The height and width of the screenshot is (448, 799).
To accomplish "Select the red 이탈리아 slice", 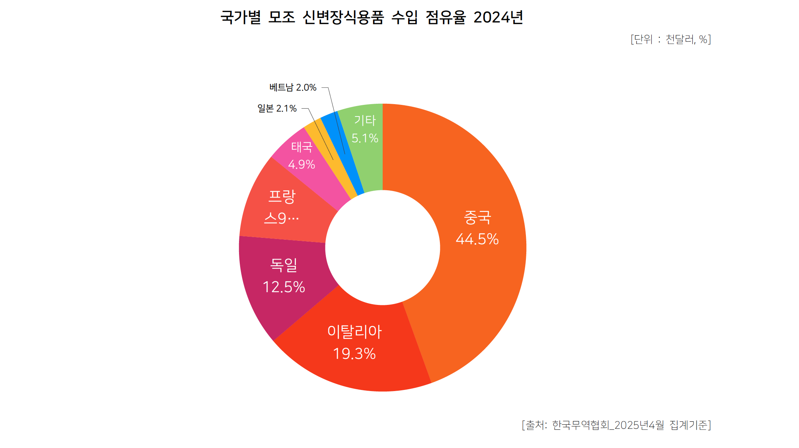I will pyautogui.click(x=359, y=371).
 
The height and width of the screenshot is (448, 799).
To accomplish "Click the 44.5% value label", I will pyautogui.click(x=477, y=239).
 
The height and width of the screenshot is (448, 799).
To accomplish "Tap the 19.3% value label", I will pyautogui.click(x=354, y=354).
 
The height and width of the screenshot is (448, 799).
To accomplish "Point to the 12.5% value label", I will pyautogui.click(x=284, y=287).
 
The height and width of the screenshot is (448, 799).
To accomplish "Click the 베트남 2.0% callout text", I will pyautogui.click(x=293, y=87).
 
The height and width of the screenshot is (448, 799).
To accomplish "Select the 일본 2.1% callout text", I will pyautogui.click(x=277, y=108).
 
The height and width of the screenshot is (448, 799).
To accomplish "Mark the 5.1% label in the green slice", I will pyautogui.click(x=365, y=138).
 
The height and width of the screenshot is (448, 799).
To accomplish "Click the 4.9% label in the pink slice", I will pyautogui.click(x=301, y=164).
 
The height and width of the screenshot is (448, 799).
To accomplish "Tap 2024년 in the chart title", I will pyautogui.click(x=498, y=17).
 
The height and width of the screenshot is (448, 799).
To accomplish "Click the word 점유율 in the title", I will pyautogui.click(x=446, y=17).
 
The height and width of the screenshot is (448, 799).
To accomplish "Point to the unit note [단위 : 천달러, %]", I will pyautogui.click(x=671, y=39).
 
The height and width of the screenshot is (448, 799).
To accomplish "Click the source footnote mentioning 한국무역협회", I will pyautogui.click(x=616, y=425).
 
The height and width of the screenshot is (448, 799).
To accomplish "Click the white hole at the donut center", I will pyautogui.click(x=383, y=248).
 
